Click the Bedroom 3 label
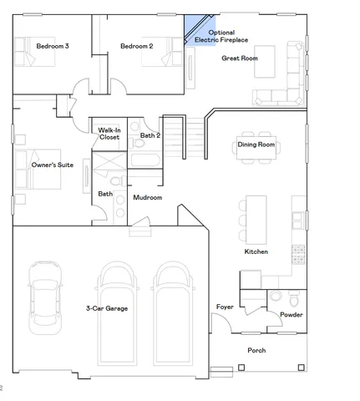(x=52, y=46)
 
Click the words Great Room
(x=239, y=58)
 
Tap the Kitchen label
(x=256, y=251)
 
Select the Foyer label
(x=225, y=307)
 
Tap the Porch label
(x=256, y=350)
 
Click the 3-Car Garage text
(x=107, y=308)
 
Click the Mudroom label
(x=147, y=198)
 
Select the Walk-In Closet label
(x=110, y=135)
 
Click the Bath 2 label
(x=150, y=135)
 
